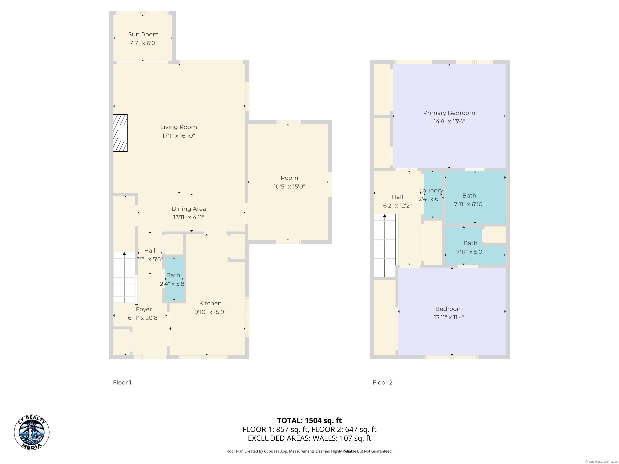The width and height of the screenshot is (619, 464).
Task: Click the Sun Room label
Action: click(143, 34)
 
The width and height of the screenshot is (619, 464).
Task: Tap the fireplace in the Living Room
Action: click(120, 133)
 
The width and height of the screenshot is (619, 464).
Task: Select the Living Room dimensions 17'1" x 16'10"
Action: click(179, 136)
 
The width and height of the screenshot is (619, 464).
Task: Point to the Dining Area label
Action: click(189, 209)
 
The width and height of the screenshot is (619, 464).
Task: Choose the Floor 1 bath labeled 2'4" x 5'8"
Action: click(173, 279)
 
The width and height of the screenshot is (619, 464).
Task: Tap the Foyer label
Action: click(144, 309)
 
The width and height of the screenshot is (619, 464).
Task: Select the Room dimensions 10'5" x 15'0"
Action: click(289, 186)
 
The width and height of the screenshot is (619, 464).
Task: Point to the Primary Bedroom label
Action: click(449, 113)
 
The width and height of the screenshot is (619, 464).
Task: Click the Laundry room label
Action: click(431, 191)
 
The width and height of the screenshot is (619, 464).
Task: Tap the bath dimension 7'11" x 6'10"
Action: click(469, 204)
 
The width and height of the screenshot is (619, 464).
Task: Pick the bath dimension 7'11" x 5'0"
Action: click(470, 252)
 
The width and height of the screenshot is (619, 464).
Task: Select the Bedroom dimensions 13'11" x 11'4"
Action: click(449, 317)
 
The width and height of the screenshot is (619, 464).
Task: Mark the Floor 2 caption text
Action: click(382, 383)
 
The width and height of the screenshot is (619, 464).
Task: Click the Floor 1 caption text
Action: click(122, 383)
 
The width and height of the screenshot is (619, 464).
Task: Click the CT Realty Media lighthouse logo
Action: click(32, 432)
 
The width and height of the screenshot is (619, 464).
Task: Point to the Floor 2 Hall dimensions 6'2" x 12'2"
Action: click(397, 206)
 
